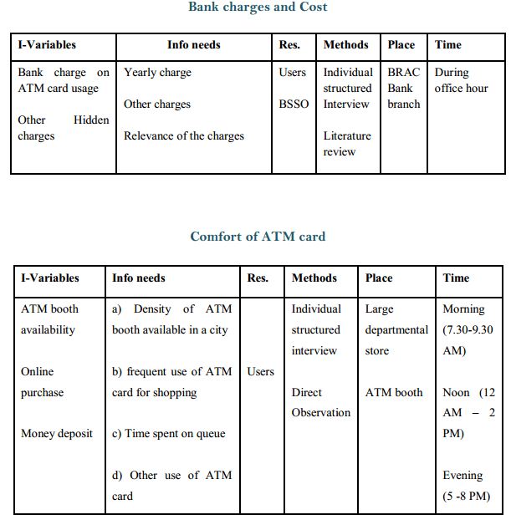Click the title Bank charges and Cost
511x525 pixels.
pyautogui.click(x=258, y=8)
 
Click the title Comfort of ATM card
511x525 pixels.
pyautogui.click(x=258, y=237)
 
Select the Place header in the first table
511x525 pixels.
pyautogui.click(x=401, y=44)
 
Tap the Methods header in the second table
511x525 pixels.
pyautogui.click(x=314, y=278)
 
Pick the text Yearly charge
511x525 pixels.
pyautogui.click(x=157, y=73)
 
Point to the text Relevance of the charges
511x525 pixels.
pyautogui.click(x=185, y=135)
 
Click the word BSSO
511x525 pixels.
pyautogui.click(x=294, y=104)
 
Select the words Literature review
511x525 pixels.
pyautogui.click(x=347, y=144)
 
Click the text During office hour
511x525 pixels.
pyautogui.click(x=461, y=80)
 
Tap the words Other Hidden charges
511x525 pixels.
pyautogui.click(x=63, y=128)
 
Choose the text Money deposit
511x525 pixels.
pyautogui.click(x=57, y=434)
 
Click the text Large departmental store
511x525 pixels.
pyautogui.click(x=396, y=329)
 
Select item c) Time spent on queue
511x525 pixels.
pyautogui.click(x=169, y=434)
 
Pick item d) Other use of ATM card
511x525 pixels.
pyautogui.click(x=171, y=486)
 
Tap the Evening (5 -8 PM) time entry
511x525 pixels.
pyautogui.click(x=466, y=486)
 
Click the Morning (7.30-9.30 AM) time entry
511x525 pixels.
pyautogui.click(x=469, y=329)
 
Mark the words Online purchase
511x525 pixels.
pyautogui.click(x=42, y=382)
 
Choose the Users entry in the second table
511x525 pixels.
pyautogui.click(x=260, y=371)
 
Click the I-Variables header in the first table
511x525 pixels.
pyautogui.click(x=47, y=44)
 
